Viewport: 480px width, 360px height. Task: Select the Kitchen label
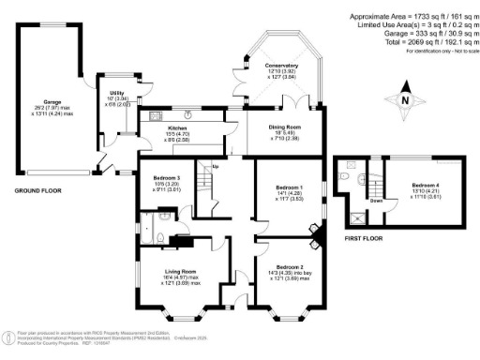[x=177, y=128]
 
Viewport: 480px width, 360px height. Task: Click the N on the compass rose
[x=404, y=100]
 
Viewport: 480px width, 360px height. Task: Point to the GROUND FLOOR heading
[x=37, y=191]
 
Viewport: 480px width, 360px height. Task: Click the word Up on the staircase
[x=215, y=167]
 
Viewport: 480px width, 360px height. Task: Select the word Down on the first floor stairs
[x=375, y=200]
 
